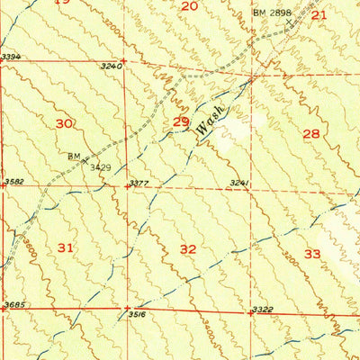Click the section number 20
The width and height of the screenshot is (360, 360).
click(189, 6)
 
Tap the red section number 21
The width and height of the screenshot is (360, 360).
click(319, 14)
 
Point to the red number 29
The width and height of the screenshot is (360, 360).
click(181, 121)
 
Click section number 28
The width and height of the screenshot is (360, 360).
click(311, 134)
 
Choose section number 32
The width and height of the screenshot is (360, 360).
click(188, 248)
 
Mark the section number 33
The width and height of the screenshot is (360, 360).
click(312, 254)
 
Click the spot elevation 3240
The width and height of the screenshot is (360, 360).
click(110, 66)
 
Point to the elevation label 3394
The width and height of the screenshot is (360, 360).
click(11, 58)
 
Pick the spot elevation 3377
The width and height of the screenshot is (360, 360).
click(139, 184)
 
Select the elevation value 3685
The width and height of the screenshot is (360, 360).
click(14, 305)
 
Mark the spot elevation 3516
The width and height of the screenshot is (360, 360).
click(137, 315)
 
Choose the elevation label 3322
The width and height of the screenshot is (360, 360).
click(262, 310)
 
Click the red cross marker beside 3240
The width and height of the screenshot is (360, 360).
click(125, 60)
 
